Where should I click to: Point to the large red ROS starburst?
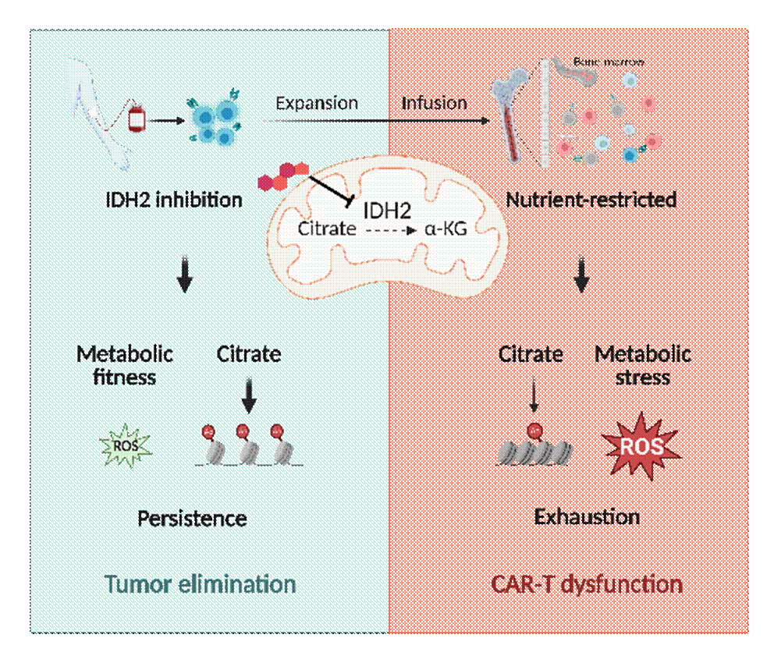click(641, 446)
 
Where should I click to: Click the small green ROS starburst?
click(125, 446)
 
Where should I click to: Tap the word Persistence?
click(192, 518)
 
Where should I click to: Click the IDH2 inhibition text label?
click(174, 200)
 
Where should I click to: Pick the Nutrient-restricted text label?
click(591, 200)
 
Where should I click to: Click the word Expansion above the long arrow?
click(317, 104)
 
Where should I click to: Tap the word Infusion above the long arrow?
click(435, 104)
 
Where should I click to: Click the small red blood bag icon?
click(137, 120)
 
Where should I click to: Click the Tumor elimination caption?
click(200, 584)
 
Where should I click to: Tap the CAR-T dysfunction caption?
click(588, 584)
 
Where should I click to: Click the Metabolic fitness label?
click(125, 366)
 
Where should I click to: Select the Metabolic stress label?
click(643, 366)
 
